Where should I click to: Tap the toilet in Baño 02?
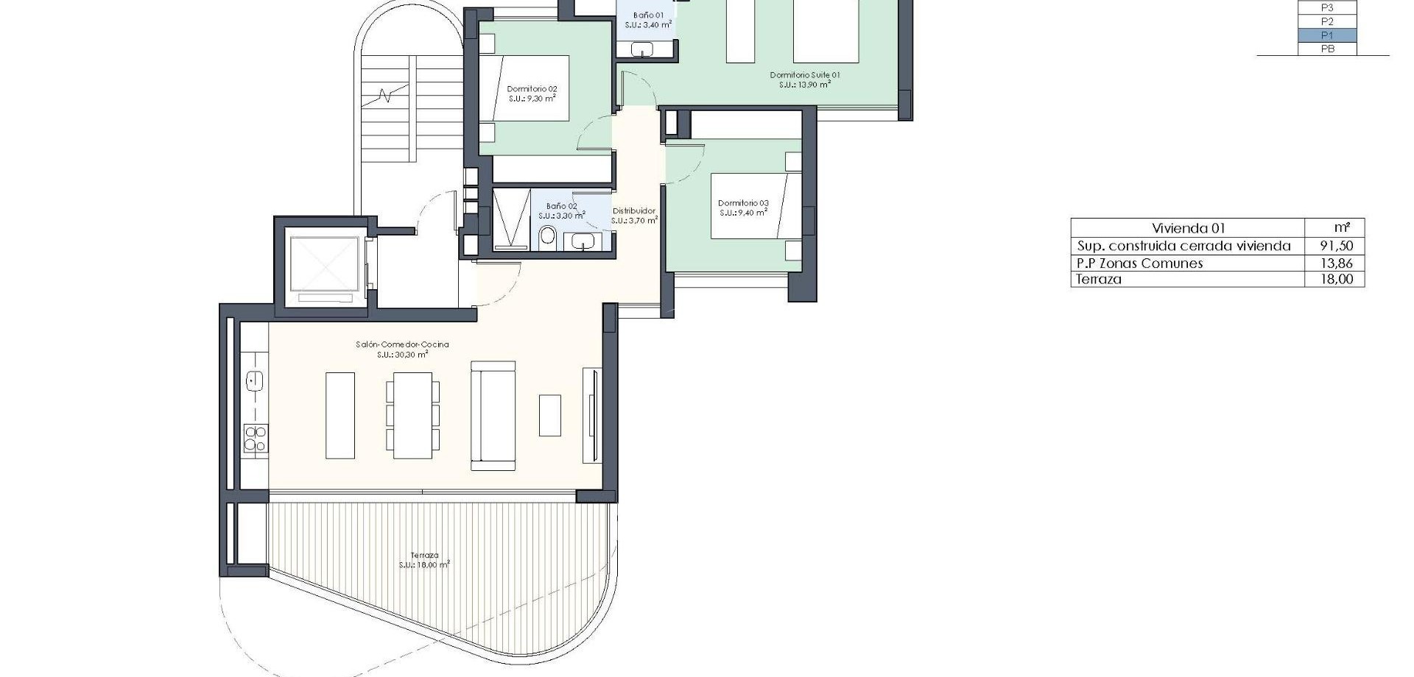547,236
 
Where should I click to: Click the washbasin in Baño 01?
642,49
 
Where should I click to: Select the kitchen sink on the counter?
255,381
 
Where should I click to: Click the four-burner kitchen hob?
256,439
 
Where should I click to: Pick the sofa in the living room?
493,415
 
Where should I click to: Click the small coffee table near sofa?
549,415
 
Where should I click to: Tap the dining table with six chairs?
412,415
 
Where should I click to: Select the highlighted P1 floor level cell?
1327,35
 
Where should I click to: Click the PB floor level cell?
1327,49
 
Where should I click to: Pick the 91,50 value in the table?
1336,247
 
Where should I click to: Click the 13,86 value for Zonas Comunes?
1336,263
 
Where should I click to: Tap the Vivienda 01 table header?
1188,228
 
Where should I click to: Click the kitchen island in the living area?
340,415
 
